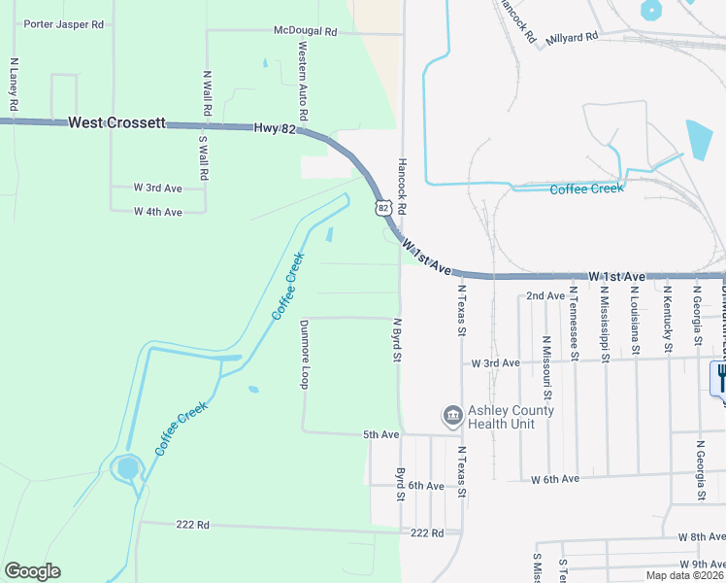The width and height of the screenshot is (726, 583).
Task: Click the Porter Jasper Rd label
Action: (x=63, y=23)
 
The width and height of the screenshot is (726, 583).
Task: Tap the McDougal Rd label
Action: (x=305, y=31)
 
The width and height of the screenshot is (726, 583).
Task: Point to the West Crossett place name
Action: (x=116, y=123)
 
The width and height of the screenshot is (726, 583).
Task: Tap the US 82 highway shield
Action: (x=383, y=207)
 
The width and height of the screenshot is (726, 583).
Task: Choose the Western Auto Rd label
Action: (x=303, y=81)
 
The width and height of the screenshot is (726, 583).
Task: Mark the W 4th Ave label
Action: (x=158, y=212)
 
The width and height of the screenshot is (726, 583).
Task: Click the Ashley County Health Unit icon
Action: (x=452, y=416)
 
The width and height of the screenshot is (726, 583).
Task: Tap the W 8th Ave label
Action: (x=701, y=536)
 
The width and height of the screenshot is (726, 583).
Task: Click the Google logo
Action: (x=32, y=571)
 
